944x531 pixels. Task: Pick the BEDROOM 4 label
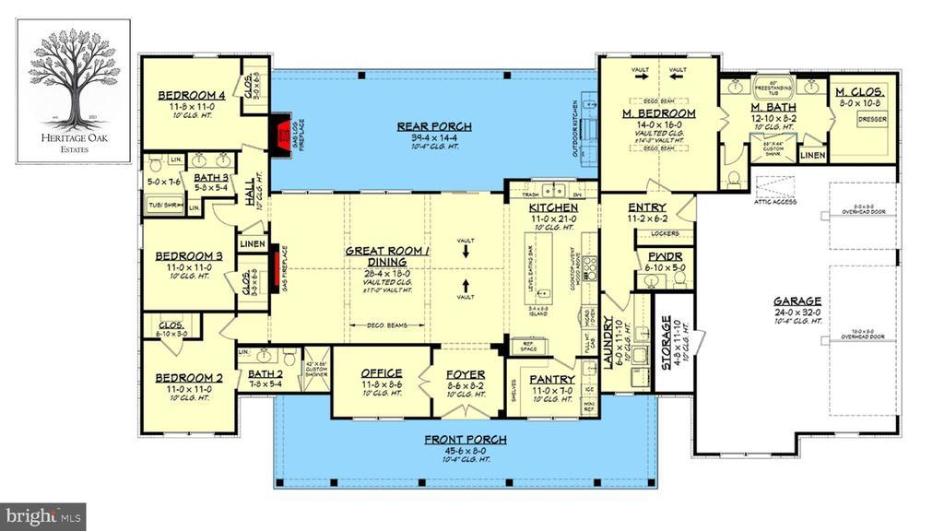point(191,94)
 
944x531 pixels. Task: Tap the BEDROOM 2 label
point(189,377)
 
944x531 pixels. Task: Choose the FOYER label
point(466,372)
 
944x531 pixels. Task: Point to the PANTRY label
point(552,379)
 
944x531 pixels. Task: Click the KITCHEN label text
point(553,208)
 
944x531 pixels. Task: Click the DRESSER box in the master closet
point(871,119)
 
